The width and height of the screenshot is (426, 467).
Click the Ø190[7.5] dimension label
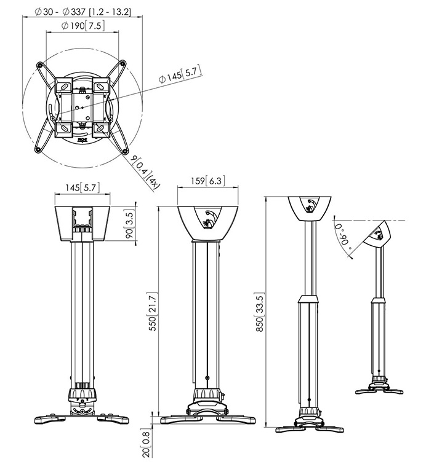coord(83,26)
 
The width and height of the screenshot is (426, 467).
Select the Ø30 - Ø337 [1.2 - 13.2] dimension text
coord(83,12)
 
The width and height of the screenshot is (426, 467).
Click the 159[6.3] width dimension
coord(208,181)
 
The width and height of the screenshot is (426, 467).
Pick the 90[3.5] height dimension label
coord(130,224)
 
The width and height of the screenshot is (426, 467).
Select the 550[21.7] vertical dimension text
coord(153,312)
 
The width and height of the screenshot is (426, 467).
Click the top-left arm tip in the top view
coord(39,65)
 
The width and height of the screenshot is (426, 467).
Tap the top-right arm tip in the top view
coord(123,63)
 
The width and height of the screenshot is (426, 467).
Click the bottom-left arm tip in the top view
coord(38,149)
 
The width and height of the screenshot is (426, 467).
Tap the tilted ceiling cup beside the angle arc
coord(377,234)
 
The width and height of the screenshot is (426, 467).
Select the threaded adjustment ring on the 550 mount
coord(207,393)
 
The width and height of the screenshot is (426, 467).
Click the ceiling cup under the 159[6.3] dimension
coord(208,224)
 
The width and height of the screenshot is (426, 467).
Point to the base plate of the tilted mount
coord(379,390)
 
